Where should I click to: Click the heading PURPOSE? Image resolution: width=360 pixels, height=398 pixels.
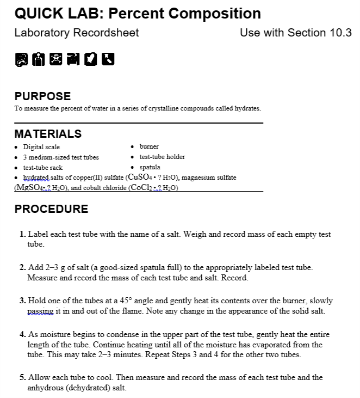click(42, 96)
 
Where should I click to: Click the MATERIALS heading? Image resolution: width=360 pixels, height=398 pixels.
click(48, 134)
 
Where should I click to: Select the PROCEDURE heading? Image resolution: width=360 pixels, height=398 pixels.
click(51, 209)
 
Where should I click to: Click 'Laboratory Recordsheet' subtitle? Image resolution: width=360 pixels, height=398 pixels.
click(77, 33)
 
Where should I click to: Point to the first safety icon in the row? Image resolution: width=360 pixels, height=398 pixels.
click(20, 59)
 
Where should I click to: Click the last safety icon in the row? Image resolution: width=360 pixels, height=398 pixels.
click(110, 59)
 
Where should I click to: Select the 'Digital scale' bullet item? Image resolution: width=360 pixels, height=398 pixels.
click(41, 147)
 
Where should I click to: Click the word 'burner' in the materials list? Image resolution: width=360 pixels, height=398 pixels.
click(149, 146)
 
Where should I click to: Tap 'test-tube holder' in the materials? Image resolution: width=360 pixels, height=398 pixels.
click(162, 157)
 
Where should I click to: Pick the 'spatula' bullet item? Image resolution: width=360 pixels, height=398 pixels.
click(150, 167)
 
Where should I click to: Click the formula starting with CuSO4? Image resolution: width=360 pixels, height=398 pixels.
click(152, 178)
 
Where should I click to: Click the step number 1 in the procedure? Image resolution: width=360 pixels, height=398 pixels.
click(22, 235)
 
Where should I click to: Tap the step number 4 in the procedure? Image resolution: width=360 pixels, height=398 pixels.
click(22, 334)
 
